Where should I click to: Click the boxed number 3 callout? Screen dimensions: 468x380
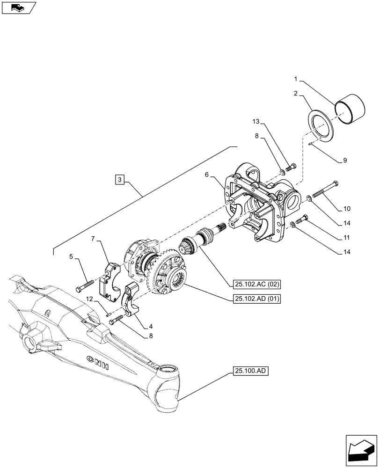pyautogui.click(x=120, y=180)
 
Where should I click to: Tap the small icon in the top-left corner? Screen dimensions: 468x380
pyautogui.click(x=18, y=7)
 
